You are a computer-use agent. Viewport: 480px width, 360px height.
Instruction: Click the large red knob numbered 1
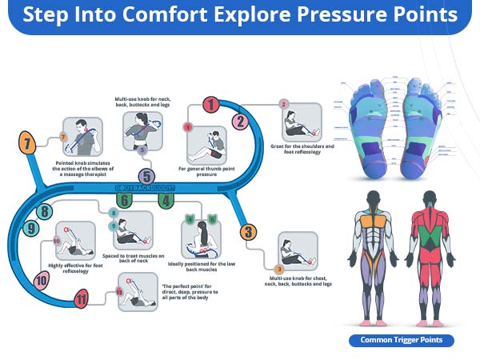(x=210, y=104)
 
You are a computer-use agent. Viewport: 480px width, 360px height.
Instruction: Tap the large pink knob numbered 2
(x=239, y=122)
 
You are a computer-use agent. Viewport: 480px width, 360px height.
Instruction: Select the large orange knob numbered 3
(x=249, y=233)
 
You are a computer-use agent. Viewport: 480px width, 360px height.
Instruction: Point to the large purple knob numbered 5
(x=146, y=176)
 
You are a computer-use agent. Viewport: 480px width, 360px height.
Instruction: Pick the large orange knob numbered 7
(x=28, y=145)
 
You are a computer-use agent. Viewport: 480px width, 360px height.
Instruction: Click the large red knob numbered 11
(x=81, y=301)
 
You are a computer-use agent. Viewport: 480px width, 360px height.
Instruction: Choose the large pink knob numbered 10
(x=42, y=280)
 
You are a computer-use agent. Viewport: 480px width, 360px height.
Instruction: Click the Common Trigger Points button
(x=402, y=340)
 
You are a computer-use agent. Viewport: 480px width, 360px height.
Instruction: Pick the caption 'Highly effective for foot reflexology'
(x=76, y=266)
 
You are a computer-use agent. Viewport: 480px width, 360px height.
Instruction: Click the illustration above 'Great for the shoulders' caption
(x=300, y=125)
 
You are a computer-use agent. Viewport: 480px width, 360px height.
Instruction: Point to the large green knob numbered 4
(x=165, y=201)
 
